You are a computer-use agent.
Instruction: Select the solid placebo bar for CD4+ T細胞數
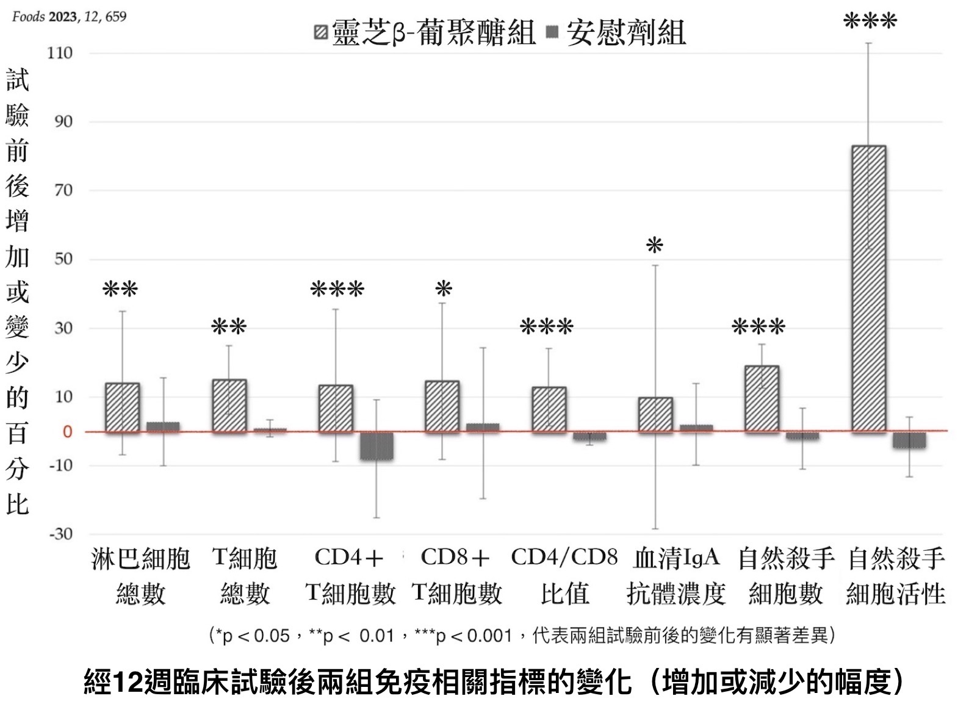[x=376, y=445]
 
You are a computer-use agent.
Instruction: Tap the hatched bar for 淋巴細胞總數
[x=123, y=407]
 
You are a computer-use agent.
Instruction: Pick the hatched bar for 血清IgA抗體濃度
[x=655, y=415]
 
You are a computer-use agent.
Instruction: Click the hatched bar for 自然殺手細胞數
[x=762, y=399]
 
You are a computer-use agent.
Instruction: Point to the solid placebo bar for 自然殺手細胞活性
[x=909, y=440]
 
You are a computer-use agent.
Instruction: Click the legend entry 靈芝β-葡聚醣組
[x=425, y=32]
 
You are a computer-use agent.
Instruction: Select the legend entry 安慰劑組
[x=617, y=32]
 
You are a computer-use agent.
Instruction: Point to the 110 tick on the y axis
[x=60, y=53]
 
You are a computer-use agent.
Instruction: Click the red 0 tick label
[x=67, y=432]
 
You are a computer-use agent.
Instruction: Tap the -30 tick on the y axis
[x=60, y=534]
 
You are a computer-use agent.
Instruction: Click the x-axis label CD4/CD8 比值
[x=564, y=575]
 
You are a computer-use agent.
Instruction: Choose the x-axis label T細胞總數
[x=245, y=575]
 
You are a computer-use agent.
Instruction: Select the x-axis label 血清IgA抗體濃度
[x=676, y=575]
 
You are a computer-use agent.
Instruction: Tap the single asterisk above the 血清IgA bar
[x=655, y=246]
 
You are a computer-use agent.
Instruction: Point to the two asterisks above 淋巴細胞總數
[x=121, y=289]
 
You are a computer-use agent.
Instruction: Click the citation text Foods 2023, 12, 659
[x=69, y=16]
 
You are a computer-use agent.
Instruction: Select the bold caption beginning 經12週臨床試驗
[x=493, y=682]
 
